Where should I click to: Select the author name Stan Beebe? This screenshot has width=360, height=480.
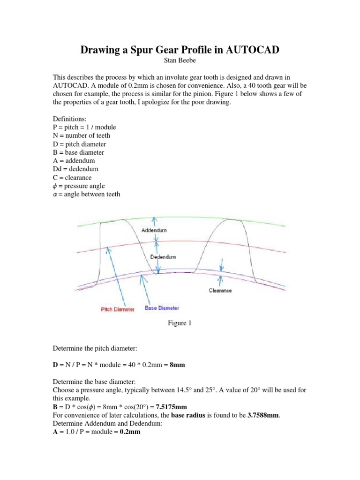(180, 61)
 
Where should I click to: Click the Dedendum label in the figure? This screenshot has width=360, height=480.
(163, 257)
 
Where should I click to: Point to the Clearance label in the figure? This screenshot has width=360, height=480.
(220, 291)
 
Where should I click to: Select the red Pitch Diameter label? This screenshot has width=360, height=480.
(118, 309)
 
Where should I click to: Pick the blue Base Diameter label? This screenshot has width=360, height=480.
(162, 308)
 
